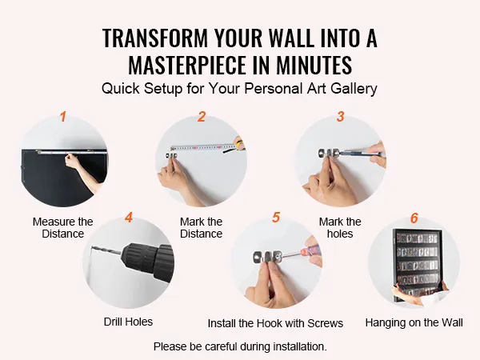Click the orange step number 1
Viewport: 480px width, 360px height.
coord(63,117)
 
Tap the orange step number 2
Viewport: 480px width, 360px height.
coord(201,117)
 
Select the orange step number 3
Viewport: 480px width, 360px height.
coord(341,117)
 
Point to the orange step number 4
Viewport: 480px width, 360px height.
coord(129,218)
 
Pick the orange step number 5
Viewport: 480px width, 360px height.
coord(276,218)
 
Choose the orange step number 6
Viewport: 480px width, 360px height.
coord(414,218)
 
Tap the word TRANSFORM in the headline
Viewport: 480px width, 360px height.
coord(155,38)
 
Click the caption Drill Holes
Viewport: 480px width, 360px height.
coord(128,322)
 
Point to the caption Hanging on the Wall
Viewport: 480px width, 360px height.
coord(414,322)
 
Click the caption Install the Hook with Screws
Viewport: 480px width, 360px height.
coord(275,323)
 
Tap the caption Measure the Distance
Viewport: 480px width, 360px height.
coord(62,227)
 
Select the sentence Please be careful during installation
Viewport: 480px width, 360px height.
coord(240,346)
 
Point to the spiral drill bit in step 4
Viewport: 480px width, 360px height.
coord(106,250)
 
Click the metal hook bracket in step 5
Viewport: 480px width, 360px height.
coord(267,257)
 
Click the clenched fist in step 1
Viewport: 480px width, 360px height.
coord(71,161)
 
